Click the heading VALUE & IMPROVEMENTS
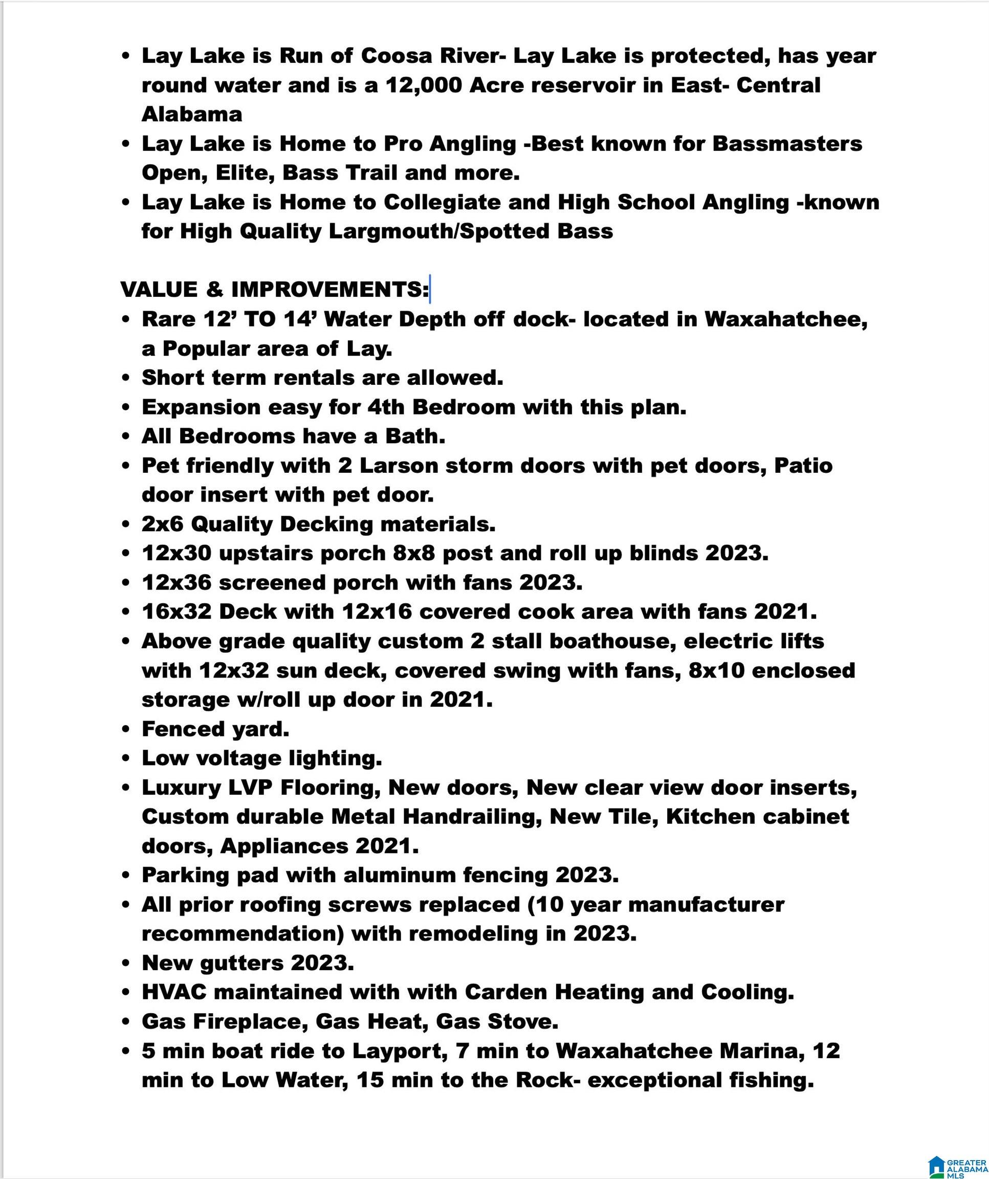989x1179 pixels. tap(274, 290)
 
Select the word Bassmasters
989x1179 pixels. tap(787, 144)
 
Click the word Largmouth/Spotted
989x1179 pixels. tap(438, 231)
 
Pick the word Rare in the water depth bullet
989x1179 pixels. tap(167, 319)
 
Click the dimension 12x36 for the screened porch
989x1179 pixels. tap(176, 582)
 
